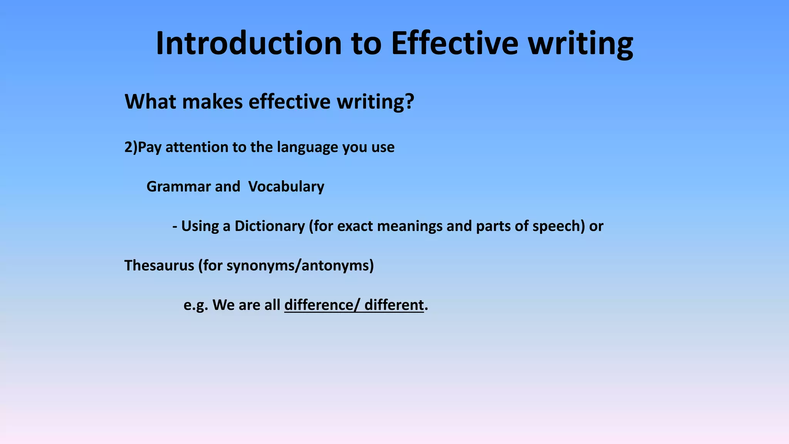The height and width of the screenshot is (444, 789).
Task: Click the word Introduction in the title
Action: pos(248,43)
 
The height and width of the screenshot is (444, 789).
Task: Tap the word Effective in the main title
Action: pos(455,43)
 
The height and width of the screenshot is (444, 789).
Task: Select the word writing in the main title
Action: pos(580,43)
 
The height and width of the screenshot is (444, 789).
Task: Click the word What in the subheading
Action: pos(151,102)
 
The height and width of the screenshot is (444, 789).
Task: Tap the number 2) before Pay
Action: pos(131,147)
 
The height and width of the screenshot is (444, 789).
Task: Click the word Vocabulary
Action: pos(286,187)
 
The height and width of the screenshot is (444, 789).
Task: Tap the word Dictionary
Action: pos(270,226)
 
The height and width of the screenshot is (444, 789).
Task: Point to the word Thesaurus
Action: pos(159,266)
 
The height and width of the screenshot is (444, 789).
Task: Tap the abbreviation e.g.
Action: pos(196,305)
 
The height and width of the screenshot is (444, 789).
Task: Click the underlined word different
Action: pos(394,305)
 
